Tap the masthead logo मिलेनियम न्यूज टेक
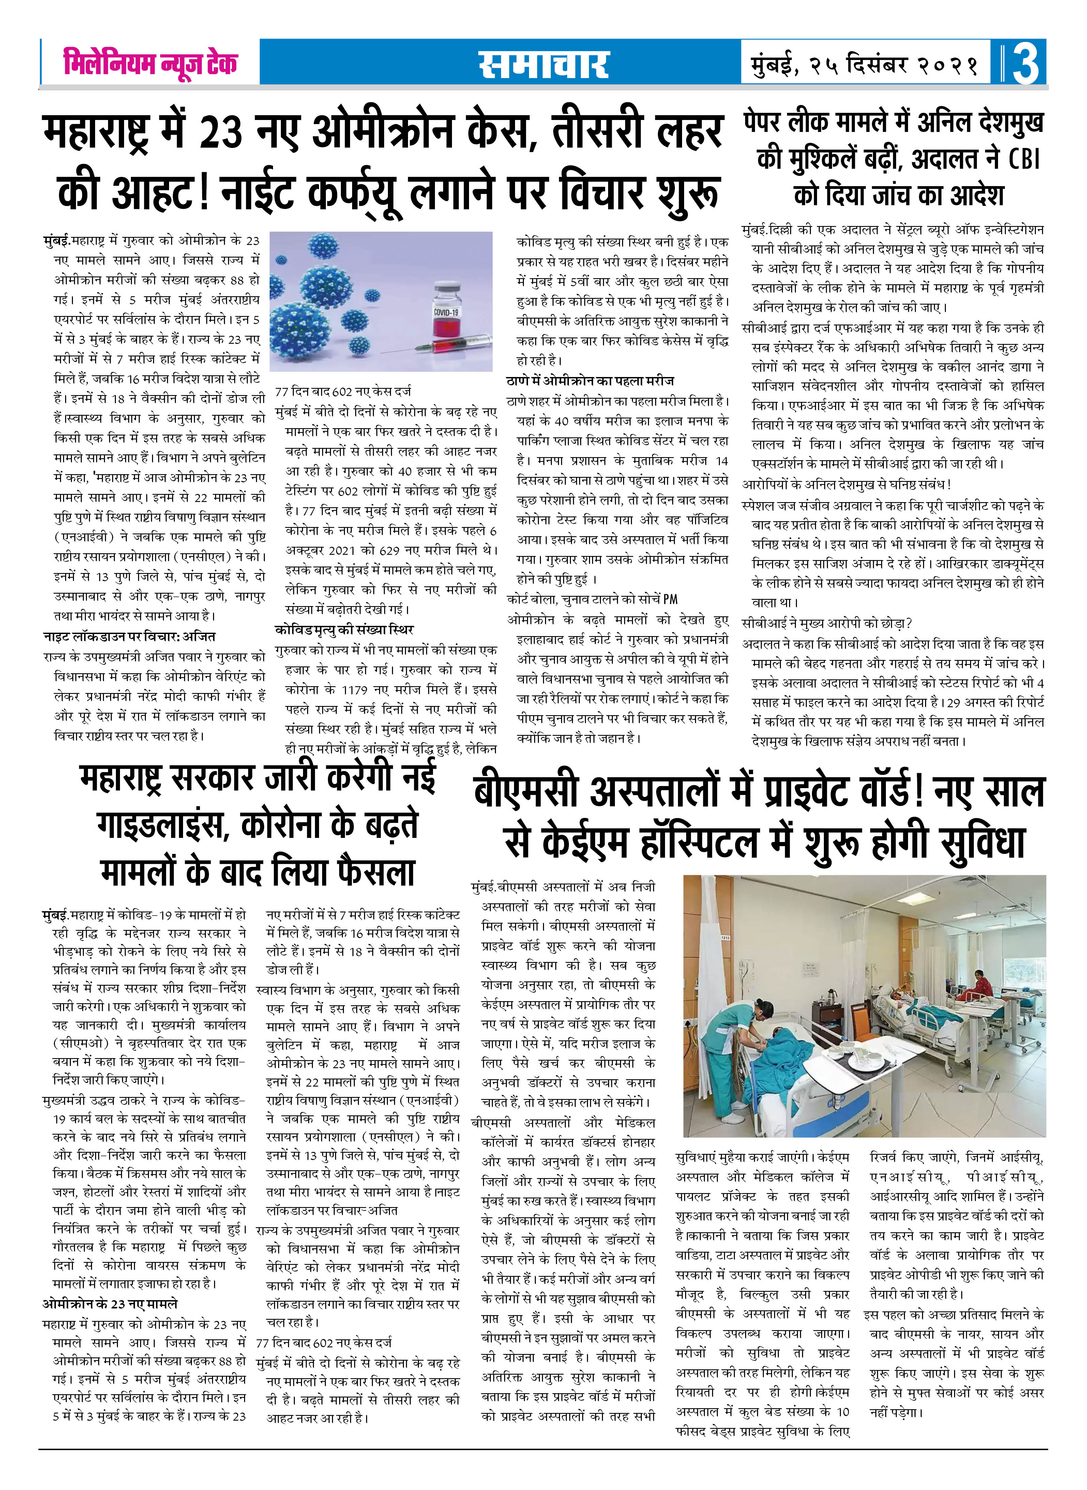coord(150,62)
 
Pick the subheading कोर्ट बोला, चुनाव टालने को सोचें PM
coord(592,600)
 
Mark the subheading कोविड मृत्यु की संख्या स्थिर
coord(344,630)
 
